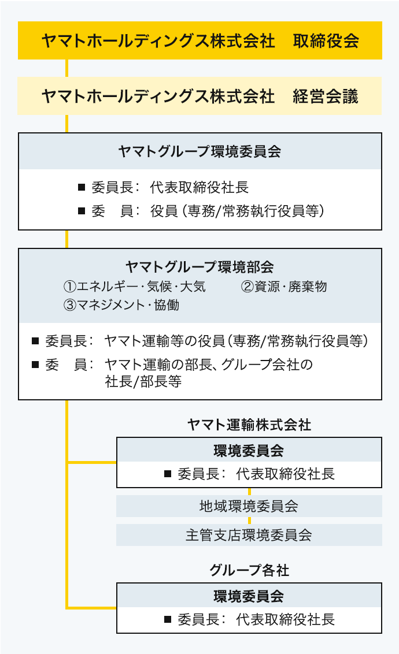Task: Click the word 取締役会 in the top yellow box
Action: (x=326, y=40)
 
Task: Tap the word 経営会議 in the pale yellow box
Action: (x=326, y=96)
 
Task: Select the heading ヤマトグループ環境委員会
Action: (x=199, y=151)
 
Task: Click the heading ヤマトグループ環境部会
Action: (x=199, y=266)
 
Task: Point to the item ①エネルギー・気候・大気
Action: (x=134, y=286)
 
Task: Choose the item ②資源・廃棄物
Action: (x=284, y=286)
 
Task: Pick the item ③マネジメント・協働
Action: (x=121, y=305)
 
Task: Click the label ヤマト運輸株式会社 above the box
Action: (x=249, y=425)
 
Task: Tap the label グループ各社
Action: (x=249, y=570)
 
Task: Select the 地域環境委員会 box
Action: (x=249, y=506)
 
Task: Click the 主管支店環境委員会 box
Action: (x=249, y=535)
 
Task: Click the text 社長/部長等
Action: (x=143, y=382)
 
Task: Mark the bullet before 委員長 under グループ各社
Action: (x=168, y=619)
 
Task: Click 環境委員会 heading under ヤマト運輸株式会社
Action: (x=249, y=451)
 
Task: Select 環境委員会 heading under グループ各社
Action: (x=249, y=596)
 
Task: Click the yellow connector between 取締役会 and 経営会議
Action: (x=67, y=68)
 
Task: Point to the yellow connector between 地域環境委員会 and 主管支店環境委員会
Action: (x=249, y=521)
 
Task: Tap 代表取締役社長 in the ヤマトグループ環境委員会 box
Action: (x=199, y=187)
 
